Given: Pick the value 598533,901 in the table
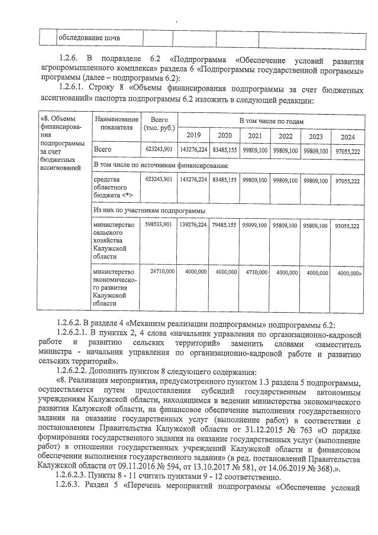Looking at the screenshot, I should click(x=159, y=225).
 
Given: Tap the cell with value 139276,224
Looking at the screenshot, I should click(x=192, y=225).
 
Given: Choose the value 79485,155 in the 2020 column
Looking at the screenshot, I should click(x=224, y=225).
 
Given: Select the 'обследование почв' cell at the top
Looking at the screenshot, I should click(x=88, y=38).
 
